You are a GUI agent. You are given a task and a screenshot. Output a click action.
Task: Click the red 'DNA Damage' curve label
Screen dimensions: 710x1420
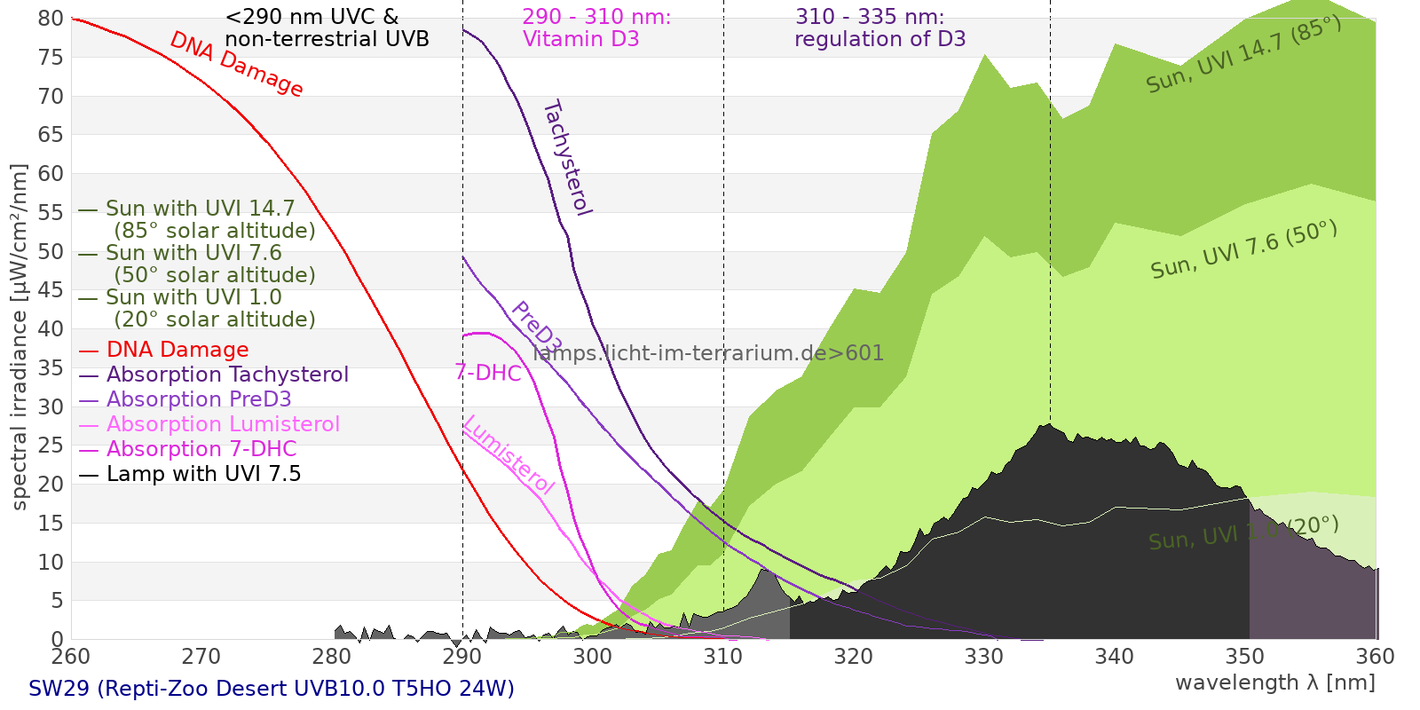pyautogui.click(x=236, y=64)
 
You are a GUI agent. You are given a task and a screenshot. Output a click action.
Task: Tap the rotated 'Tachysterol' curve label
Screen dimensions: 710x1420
pyautogui.click(x=567, y=158)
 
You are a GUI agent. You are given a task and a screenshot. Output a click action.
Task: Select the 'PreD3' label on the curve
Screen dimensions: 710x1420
pyautogui.click(x=536, y=327)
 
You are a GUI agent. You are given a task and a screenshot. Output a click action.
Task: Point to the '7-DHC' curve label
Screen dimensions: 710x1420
pyautogui.click(x=488, y=373)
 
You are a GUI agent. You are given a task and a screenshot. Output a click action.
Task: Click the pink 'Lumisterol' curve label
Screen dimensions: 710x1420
pyautogui.click(x=509, y=454)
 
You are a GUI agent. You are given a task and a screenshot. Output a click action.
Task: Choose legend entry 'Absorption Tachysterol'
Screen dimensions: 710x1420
pyautogui.click(x=227, y=375)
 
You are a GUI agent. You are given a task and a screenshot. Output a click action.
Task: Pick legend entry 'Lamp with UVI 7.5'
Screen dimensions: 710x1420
pyautogui.click(x=203, y=474)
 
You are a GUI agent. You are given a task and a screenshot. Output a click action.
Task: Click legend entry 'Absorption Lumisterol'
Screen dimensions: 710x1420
pyautogui.click(x=223, y=424)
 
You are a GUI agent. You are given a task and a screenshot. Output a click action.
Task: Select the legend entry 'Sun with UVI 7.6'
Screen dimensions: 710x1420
pyautogui.click(x=193, y=253)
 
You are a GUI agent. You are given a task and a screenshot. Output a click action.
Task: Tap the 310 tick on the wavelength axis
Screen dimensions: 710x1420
pyautogui.click(x=722, y=657)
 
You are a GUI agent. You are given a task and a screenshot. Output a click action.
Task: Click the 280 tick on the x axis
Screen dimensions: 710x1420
pyautogui.click(x=332, y=657)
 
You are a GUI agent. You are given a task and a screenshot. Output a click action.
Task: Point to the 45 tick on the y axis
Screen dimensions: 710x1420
pyautogui.click(x=51, y=290)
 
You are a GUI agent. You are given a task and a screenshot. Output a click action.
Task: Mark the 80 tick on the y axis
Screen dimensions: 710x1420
pyautogui.click(x=51, y=19)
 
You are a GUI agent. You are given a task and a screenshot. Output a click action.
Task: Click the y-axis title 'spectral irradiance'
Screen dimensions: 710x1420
pyautogui.click(x=20, y=336)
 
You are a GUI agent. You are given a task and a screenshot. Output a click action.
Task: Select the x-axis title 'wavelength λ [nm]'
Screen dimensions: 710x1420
pyautogui.click(x=1274, y=682)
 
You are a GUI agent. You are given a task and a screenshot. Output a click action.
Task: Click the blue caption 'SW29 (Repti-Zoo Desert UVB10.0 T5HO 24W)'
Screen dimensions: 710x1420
pyautogui.click(x=272, y=689)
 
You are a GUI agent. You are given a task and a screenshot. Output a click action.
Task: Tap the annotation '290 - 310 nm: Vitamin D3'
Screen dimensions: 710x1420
pyautogui.click(x=596, y=28)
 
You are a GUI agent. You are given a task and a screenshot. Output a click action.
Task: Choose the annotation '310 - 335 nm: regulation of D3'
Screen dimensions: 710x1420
pyautogui.click(x=880, y=28)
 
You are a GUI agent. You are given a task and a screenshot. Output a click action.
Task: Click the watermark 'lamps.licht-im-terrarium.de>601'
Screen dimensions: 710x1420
pyautogui.click(x=708, y=353)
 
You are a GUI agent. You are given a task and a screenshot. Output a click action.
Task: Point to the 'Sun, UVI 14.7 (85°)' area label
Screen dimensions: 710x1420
pyautogui.click(x=1243, y=54)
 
